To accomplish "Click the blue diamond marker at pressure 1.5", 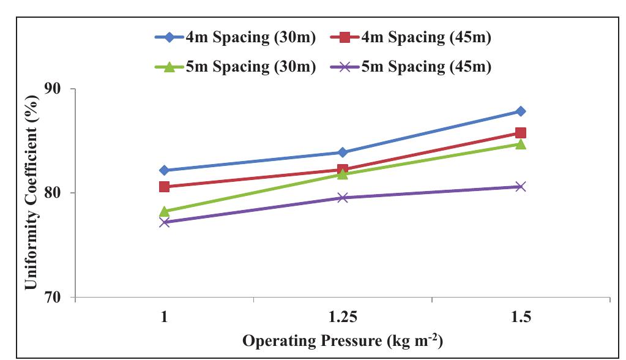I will click(x=521, y=111).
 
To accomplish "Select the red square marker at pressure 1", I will click(x=164, y=187).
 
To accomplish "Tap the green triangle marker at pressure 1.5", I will click(x=521, y=144).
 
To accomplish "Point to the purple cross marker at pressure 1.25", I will click(x=343, y=198).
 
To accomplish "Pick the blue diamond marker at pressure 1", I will click(x=164, y=170).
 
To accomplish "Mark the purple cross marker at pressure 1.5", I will click(x=521, y=187).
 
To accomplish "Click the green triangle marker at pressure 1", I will click(x=164, y=211).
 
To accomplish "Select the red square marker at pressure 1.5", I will click(x=521, y=133).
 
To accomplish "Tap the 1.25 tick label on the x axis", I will click(x=343, y=318).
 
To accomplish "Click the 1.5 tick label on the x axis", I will click(x=521, y=318).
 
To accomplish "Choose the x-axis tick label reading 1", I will click(x=164, y=318).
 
